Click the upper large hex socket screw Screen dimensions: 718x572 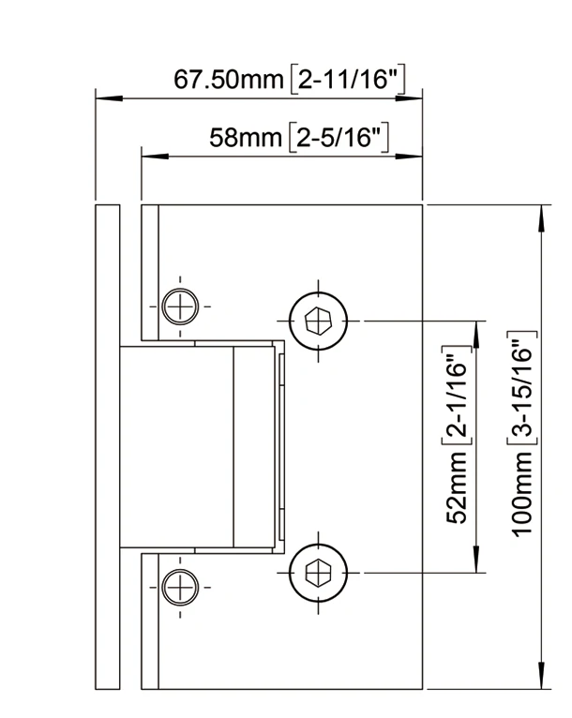tap(319, 321)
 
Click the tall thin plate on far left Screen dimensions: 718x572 tap(106, 445)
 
